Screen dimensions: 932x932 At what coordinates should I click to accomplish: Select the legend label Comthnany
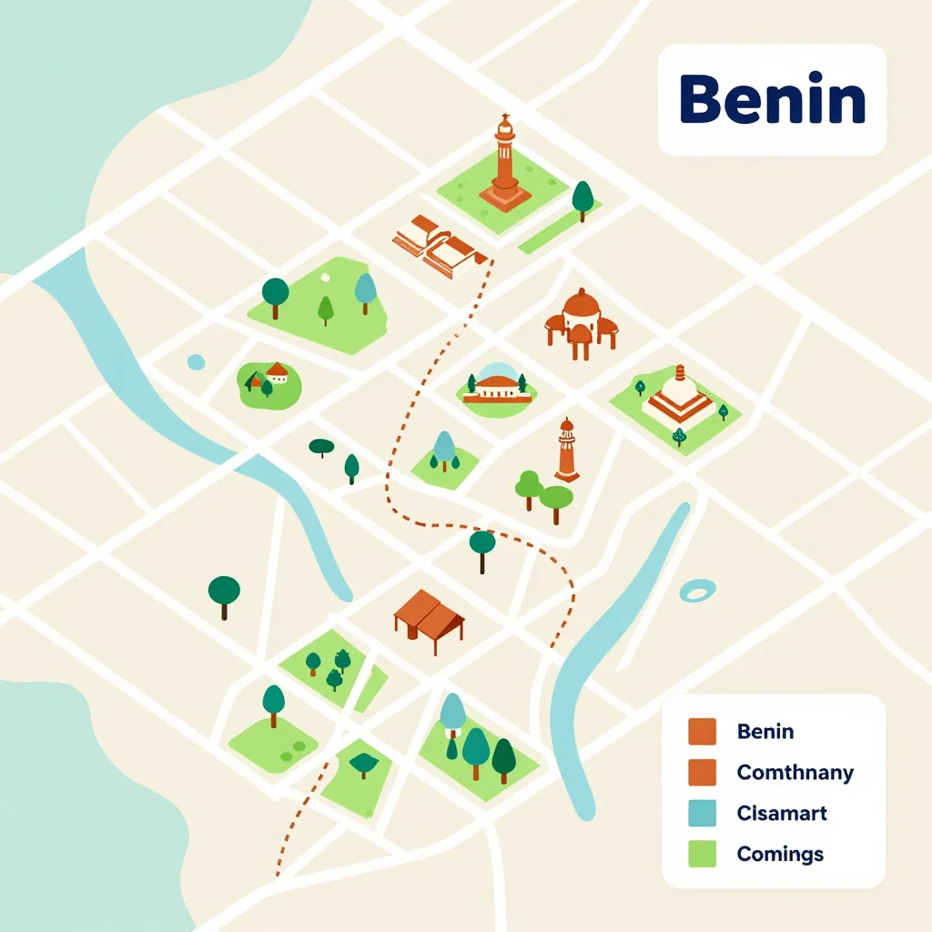795,773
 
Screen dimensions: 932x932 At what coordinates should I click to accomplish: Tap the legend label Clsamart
782,813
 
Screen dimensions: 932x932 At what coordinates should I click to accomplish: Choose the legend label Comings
780,854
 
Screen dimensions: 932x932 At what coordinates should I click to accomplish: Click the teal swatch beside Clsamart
702,813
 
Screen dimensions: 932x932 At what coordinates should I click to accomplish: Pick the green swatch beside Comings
702,854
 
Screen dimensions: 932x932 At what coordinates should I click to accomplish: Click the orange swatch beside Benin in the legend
702,731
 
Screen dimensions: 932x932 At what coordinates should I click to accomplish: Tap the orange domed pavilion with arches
581,320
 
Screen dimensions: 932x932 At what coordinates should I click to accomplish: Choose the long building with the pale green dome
496,386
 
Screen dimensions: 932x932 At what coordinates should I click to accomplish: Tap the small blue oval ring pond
697,592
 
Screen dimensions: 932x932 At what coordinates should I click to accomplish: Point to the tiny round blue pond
196,362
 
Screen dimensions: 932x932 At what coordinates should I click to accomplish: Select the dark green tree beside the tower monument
582,198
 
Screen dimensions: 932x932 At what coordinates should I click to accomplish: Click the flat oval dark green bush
321,446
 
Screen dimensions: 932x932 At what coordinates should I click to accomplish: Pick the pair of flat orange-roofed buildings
440,243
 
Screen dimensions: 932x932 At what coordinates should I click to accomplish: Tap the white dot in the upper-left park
325,277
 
